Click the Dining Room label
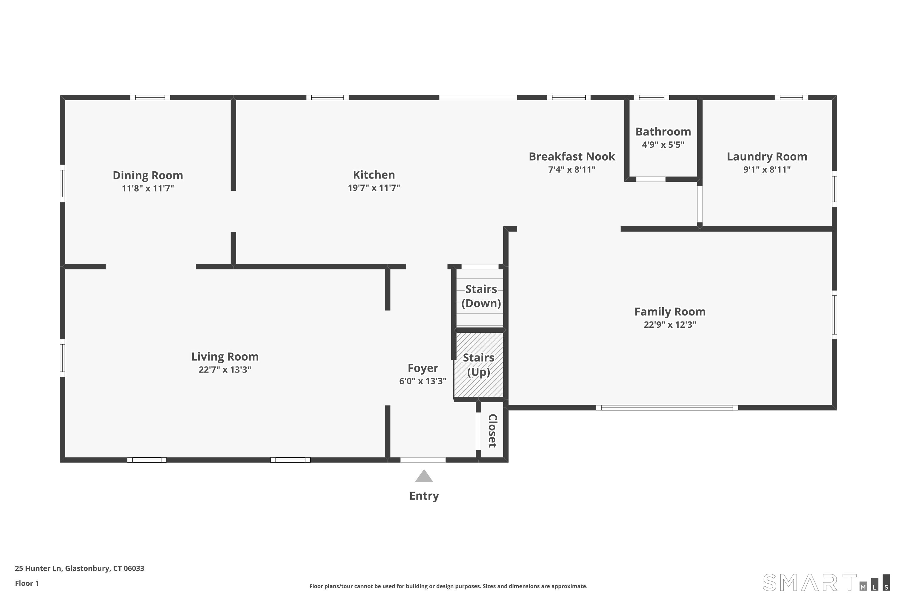coord(148,176)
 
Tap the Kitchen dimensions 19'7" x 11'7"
coord(374,188)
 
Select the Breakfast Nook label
coord(572,156)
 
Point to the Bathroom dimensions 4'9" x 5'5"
coord(663,144)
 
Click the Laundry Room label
coord(767,156)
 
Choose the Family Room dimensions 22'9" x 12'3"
coord(670,324)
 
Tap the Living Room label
coord(225,357)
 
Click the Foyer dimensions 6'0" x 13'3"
coord(423,381)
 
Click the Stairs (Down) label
coord(481,296)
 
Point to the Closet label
coord(492,431)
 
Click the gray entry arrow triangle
coord(424,476)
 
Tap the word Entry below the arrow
coord(424,496)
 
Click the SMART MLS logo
coord(826,582)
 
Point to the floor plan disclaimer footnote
coord(448,586)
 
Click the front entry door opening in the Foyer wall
coord(423,460)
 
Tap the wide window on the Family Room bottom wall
coord(667,408)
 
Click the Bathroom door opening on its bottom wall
coord(651,179)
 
